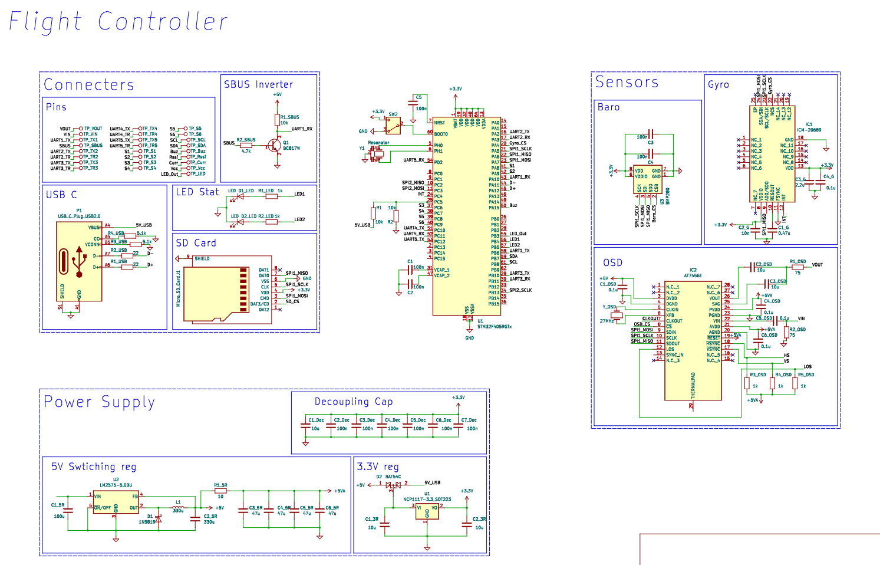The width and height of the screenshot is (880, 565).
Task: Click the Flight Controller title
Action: (118, 22)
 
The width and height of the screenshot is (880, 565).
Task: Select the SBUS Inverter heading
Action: (258, 84)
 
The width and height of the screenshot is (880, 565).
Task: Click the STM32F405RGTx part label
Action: (494, 326)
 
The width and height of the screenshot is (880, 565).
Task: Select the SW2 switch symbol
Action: (393, 125)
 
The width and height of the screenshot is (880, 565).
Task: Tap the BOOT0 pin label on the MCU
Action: (441, 134)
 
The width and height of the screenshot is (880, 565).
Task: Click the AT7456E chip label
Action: (693, 275)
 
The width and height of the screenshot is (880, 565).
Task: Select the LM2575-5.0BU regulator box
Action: (116, 502)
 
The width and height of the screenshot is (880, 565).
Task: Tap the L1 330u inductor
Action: (178, 507)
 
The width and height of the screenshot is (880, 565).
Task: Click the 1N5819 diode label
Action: (147, 522)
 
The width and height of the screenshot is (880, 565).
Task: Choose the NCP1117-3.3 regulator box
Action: (427, 511)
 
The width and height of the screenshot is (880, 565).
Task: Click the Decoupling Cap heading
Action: (353, 402)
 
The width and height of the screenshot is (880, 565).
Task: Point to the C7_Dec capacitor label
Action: (469, 420)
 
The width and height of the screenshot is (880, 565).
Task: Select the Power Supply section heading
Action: (99, 402)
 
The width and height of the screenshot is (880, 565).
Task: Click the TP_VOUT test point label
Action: (93, 129)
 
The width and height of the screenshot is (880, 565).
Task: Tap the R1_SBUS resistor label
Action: (289, 117)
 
